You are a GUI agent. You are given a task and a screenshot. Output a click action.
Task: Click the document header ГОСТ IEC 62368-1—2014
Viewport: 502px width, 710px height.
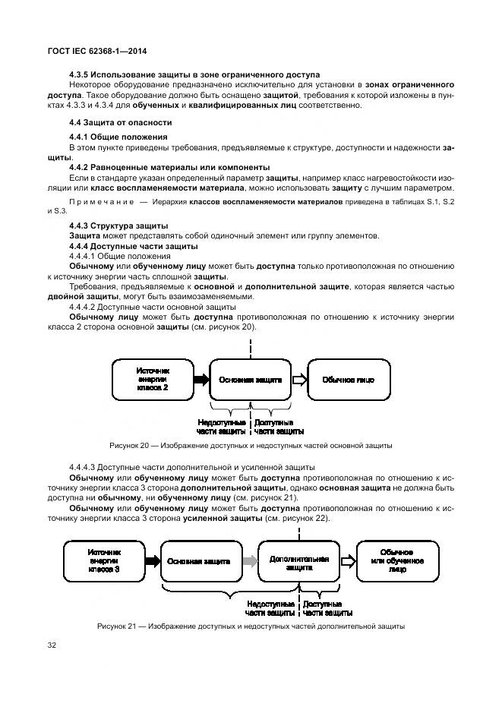(x=96, y=51)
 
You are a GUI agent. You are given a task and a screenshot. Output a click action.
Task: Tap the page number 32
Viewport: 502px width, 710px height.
(x=52, y=645)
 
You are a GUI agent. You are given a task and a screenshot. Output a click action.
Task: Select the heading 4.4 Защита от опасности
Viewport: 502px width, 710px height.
(x=120, y=121)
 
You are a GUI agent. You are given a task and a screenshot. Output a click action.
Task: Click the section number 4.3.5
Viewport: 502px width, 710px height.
(x=80, y=74)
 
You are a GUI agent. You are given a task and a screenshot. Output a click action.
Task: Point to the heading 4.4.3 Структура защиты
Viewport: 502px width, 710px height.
(x=118, y=226)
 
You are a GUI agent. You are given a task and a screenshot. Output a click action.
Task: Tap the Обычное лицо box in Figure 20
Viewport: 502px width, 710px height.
(x=348, y=379)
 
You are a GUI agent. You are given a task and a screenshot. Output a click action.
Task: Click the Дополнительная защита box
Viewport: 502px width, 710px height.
(x=298, y=562)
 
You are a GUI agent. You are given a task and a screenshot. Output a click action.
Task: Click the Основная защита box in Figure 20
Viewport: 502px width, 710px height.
(x=251, y=379)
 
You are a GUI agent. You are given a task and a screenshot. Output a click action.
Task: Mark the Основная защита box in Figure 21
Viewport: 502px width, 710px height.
(x=199, y=562)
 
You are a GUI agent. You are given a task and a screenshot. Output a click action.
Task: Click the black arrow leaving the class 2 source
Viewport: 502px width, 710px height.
(x=200, y=379)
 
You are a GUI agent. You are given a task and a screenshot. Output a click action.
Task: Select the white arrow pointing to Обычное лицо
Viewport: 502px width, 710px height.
(x=298, y=379)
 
